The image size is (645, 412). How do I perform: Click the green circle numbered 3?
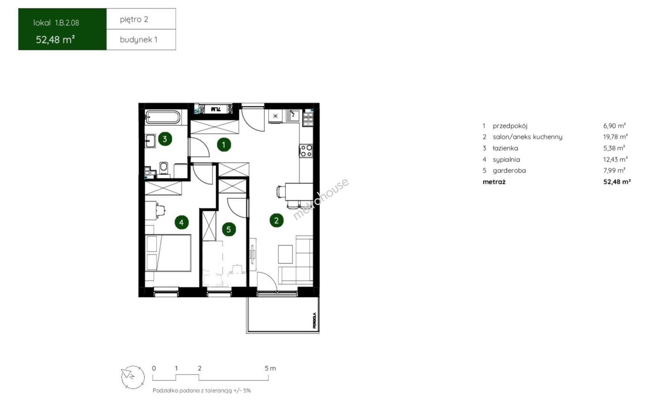tap(165, 139)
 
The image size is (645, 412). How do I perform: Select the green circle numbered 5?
tap(229, 229)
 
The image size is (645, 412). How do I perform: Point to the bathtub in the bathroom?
tap(163, 117)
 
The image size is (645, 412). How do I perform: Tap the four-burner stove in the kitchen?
tap(305, 151)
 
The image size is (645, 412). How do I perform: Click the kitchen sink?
tap(292, 116)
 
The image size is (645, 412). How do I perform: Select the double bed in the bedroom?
tap(168, 253)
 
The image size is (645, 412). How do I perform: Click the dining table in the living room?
tap(299, 192)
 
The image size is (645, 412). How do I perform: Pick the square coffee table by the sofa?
tap(285, 254)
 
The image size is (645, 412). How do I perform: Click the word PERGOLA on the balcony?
tap(314, 320)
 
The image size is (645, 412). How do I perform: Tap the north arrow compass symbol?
tap(133, 377)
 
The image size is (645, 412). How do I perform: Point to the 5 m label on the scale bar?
tap(270, 368)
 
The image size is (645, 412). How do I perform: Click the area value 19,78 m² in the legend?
tap(615, 137)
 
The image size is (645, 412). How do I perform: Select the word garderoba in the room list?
tap(509, 171)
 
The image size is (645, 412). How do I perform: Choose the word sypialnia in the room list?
tap(506, 159)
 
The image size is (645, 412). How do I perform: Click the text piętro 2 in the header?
tap(134, 19)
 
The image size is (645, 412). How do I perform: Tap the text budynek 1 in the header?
tap(139, 40)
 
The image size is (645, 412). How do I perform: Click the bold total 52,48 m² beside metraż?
tap(617, 182)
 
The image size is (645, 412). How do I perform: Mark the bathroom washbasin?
tap(150, 141)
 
